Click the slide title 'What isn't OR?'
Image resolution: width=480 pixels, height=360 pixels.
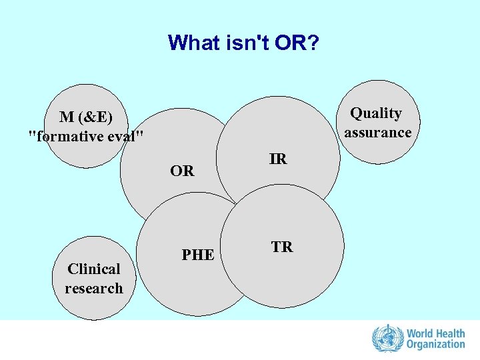(x=243, y=43)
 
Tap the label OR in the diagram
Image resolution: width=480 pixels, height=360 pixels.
(x=182, y=171)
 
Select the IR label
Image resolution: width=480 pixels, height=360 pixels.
(x=278, y=159)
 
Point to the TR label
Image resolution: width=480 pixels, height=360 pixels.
(x=281, y=247)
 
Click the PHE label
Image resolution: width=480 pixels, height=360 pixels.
(x=198, y=255)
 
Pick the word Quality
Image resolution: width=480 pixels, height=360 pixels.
(x=376, y=113)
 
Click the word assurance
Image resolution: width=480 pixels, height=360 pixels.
(x=377, y=132)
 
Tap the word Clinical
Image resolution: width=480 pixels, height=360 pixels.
(x=94, y=269)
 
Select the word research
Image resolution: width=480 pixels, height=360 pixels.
(x=94, y=288)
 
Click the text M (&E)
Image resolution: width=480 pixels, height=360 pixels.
(x=86, y=117)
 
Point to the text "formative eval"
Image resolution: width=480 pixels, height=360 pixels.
(x=86, y=136)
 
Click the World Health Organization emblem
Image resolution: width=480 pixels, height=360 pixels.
(x=384, y=338)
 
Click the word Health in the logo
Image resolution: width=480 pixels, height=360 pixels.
(x=450, y=333)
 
